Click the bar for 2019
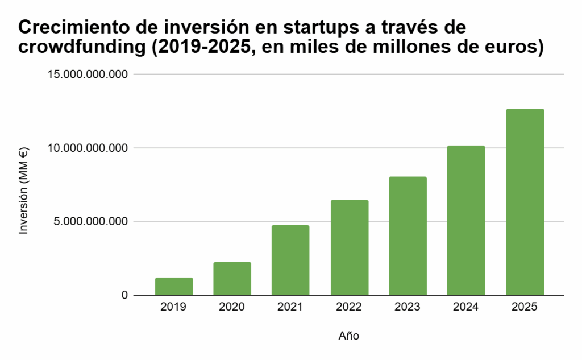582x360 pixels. (174, 287)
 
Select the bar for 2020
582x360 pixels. (232, 279)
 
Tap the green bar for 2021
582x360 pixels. (290, 260)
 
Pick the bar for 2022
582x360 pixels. (349, 248)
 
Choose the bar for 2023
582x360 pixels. (408, 236)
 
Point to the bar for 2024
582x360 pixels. (466, 221)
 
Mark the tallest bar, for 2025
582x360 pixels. (525, 202)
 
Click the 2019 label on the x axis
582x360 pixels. (174, 307)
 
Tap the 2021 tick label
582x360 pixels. (290, 307)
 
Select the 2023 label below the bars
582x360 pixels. (408, 307)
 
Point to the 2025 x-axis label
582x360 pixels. (525, 307)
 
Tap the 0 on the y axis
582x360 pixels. (124, 296)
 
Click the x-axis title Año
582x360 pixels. (349, 336)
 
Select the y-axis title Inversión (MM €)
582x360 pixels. (23, 191)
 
